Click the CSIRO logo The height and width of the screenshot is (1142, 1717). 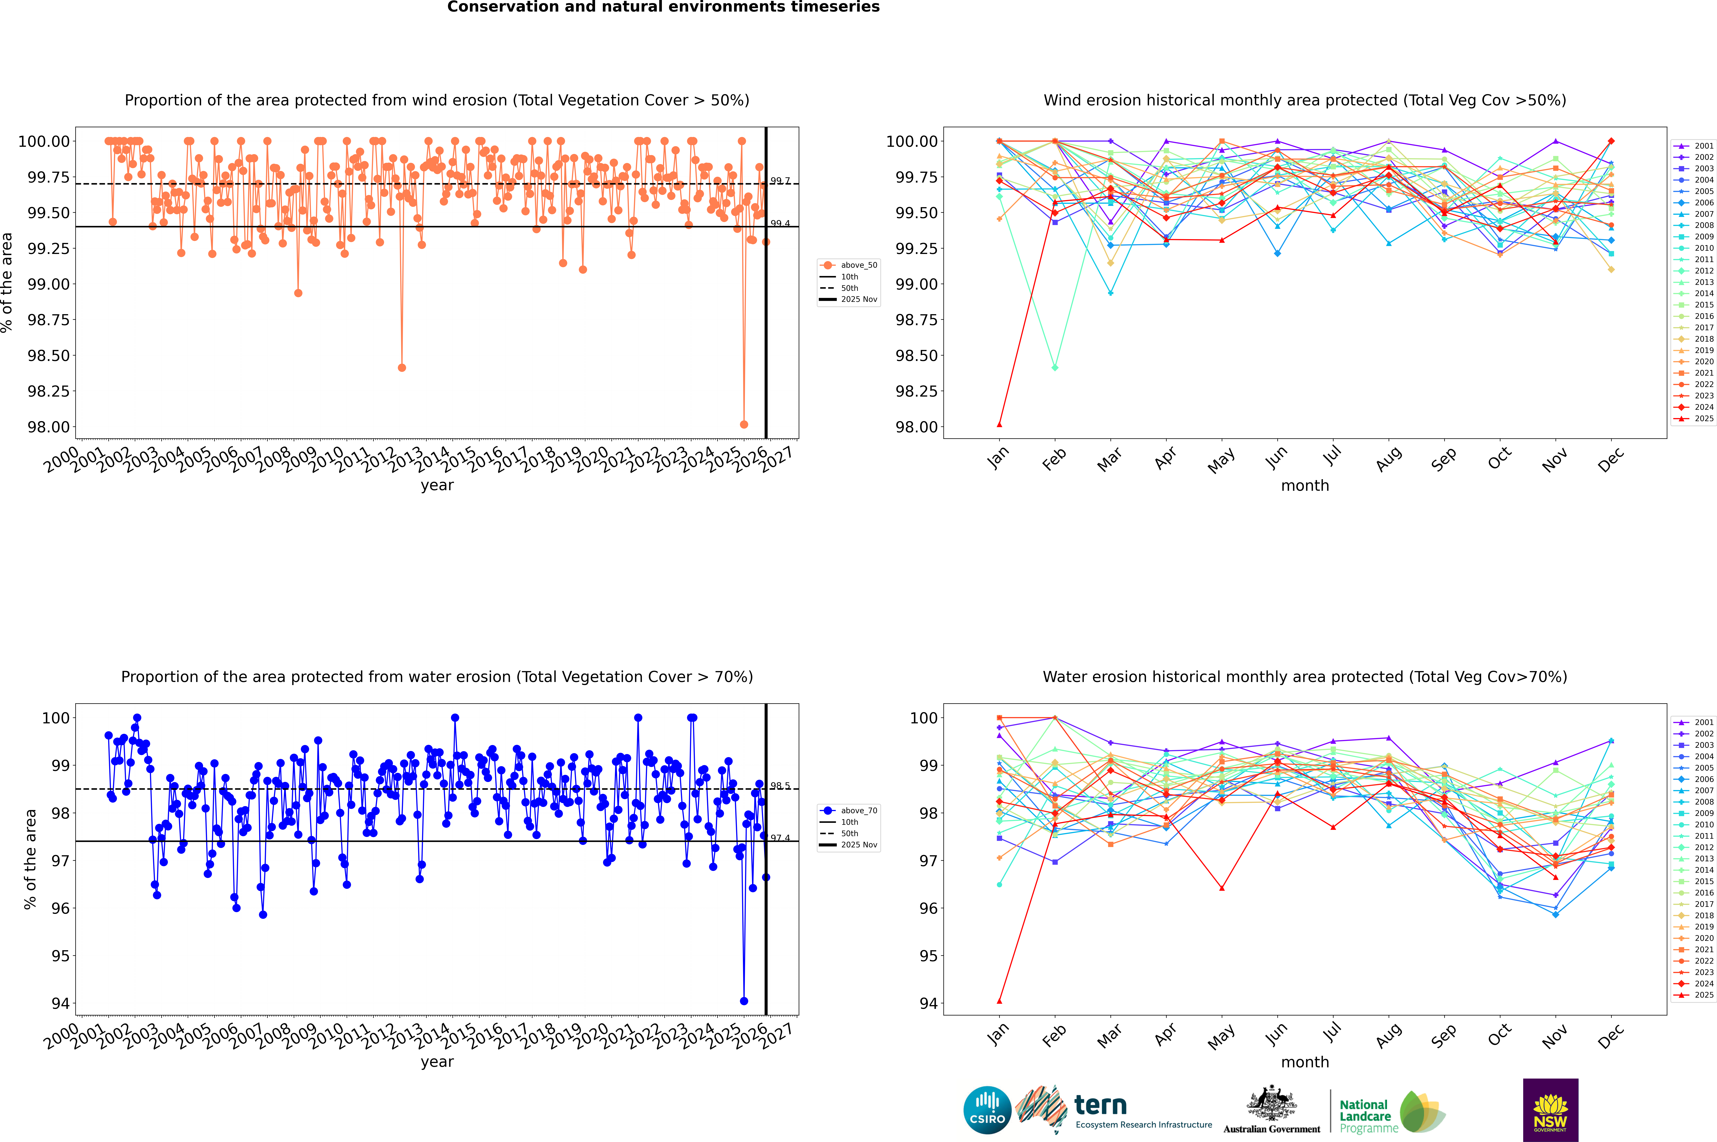pyautogui.click(x=987, y=1110)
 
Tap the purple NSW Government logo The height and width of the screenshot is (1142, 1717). pyautogui.click(x=1550, y=1110)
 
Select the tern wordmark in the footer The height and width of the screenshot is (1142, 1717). pyautogui.click(x=1101, y=1106)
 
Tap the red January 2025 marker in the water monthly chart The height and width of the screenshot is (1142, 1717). pyautogui.click(x=999, y=1001)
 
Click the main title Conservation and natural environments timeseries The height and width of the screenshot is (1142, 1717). pyautogui.click(x=663, y=7)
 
